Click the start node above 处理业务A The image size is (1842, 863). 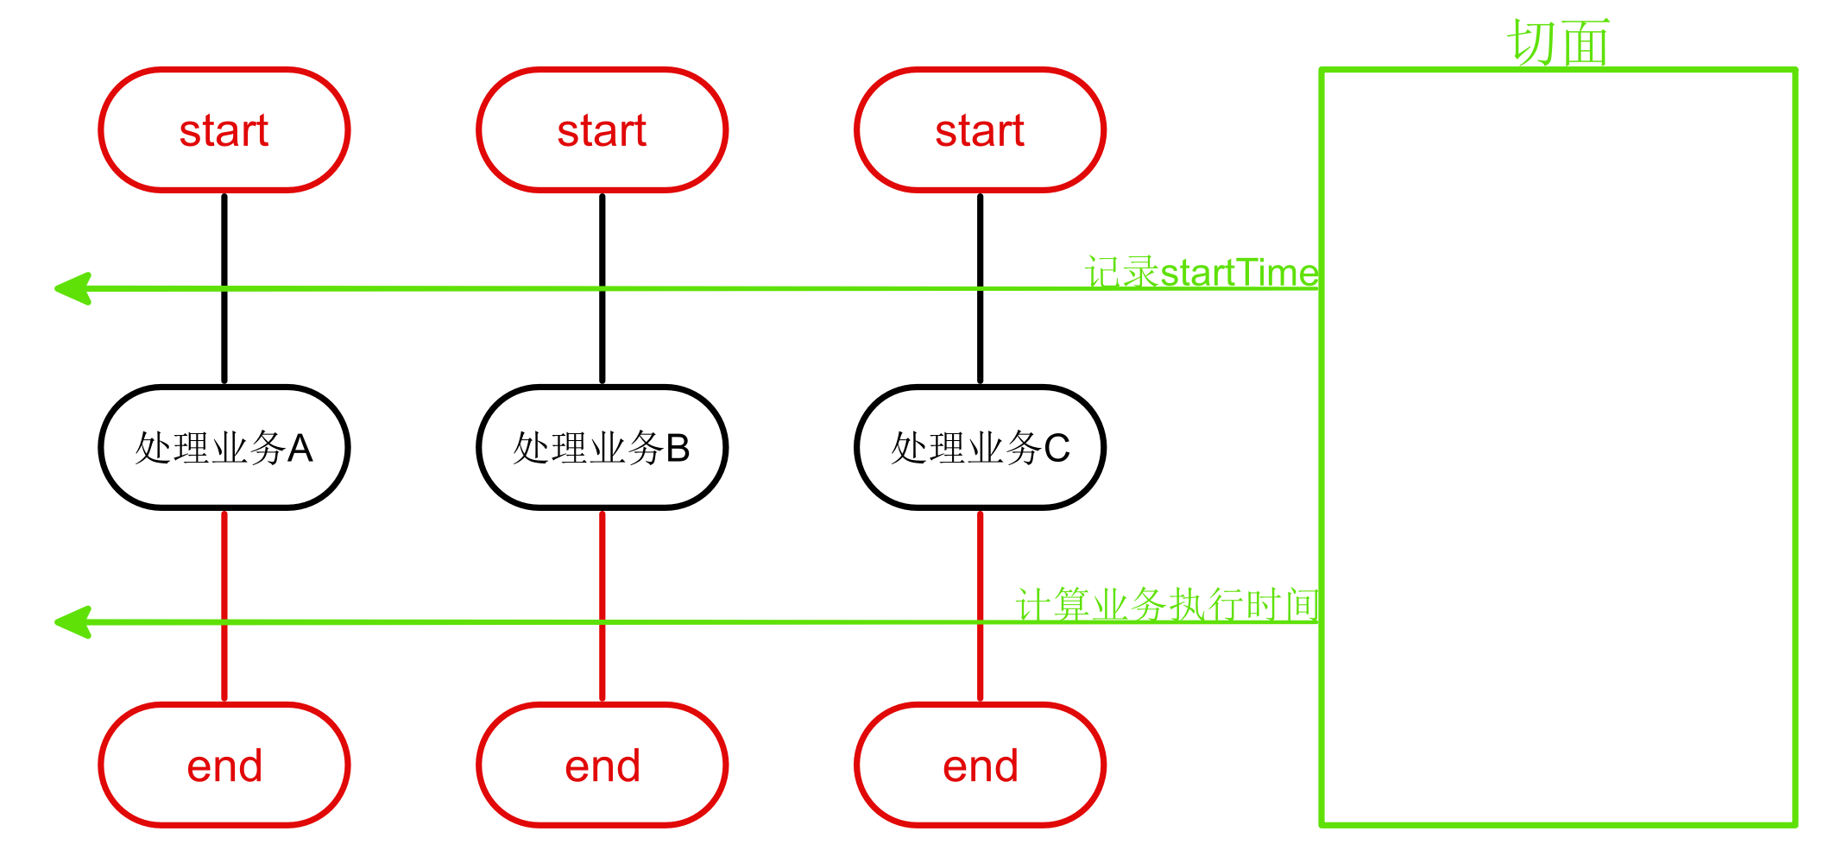point(224,130)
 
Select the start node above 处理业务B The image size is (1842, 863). point(602,130)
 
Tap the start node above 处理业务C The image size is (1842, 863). point(980,130)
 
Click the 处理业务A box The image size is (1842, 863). point(224,448)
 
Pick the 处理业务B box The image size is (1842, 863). point(602,448)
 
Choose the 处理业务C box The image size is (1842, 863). point(980,448)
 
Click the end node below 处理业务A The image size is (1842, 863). point(224,765)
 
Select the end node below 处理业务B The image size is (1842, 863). point(602,765)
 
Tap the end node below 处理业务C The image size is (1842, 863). point(980,765)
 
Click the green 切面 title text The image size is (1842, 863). point(1558,42)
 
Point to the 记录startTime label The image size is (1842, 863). point(1202,273)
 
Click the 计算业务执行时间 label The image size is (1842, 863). point(1167,605)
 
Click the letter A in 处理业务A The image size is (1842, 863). point(300,449)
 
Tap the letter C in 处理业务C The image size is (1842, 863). point(1057,449)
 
